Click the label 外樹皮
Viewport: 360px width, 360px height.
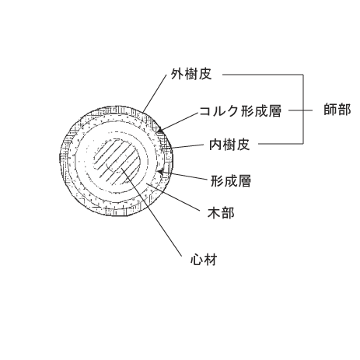pos(191,75)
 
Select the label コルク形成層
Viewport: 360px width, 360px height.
pos(240,111)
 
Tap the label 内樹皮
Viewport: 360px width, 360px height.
pos(229,145)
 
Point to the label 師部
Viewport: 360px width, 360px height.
pos(337,110)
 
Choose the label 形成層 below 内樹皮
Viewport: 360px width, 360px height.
pos(231,180)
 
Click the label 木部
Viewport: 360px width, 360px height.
pos(221,213)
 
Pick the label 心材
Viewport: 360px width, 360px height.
pos(204,260)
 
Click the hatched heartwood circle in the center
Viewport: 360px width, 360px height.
pos(117,162)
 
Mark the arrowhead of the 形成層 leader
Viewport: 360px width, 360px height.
pos(161,172)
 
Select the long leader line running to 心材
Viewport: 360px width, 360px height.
pos(151,211)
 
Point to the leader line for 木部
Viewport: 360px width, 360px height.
pos(173,197)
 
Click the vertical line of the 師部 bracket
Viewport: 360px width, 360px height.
pos(303,109)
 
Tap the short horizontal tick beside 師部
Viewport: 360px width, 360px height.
pos(300,110)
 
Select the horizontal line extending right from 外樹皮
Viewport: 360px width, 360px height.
pos(263,75)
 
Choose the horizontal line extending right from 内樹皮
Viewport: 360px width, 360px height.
pos(281,143)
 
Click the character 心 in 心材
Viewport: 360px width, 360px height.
pos(197,260)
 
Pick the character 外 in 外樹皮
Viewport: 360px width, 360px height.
pos(177,75)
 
